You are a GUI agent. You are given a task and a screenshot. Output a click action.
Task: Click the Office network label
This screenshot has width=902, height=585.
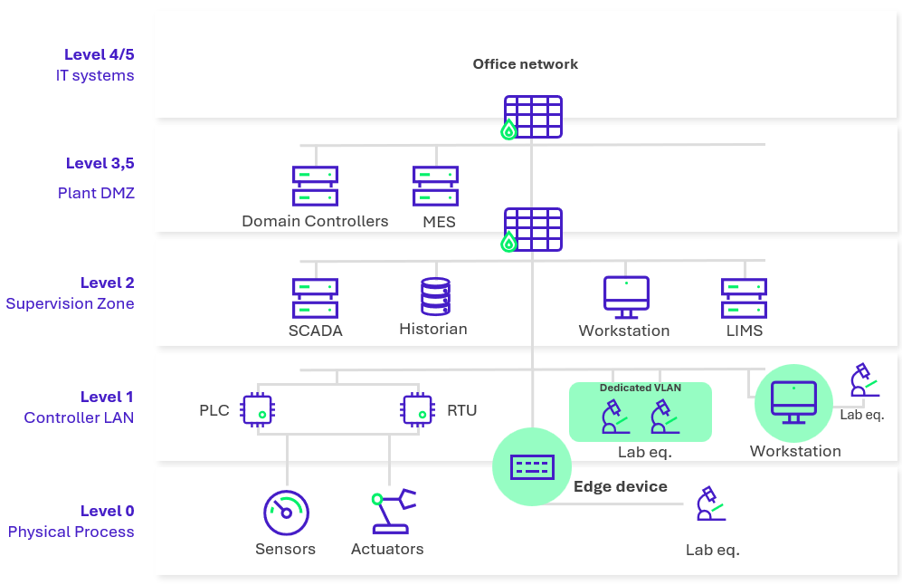pyautogui.click(x=525, y=64)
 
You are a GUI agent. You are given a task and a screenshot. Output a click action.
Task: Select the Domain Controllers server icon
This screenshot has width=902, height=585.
pyautogui.click(x=315, y=186)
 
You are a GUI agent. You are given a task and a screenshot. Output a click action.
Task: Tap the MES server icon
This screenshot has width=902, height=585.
pyautogui.click(x=435, y=186)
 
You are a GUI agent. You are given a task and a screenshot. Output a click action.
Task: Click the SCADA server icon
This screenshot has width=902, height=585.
pyautogui.click(x=315, y=298)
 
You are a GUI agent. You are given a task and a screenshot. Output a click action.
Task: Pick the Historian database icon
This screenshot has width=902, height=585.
pyautogui.click(x=435, y=297)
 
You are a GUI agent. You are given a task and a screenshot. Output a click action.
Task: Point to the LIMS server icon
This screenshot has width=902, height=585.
pyautogui.click(x=744, y=298)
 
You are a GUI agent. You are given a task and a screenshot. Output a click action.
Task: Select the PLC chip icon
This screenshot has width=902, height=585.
pyautogui.click(x=257, y=409)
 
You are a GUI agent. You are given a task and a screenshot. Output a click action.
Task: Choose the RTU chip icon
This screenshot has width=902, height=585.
pyautogui.click(x=417, y=409)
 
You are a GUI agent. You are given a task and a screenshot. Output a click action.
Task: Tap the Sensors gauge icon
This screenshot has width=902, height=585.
pyautogui.click(x=286, y=513)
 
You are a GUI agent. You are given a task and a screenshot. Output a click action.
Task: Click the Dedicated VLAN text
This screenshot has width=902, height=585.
pyautogui.click(x=641, y=388)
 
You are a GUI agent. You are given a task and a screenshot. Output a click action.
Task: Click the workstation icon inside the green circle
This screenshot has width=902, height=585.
pyautogui.click(x=793, y=402)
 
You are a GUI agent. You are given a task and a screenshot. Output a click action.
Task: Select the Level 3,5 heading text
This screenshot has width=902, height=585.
pyautogui.click(x=100, y=164)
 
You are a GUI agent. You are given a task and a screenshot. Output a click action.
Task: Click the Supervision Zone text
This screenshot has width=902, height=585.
pyautogui.click(x=71, y=303)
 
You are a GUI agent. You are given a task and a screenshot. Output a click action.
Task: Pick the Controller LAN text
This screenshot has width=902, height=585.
pyautogui.click(x=80, y=417)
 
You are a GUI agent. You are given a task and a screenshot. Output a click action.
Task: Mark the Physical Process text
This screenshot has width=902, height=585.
pyautogui.click(x=71, y=532)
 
